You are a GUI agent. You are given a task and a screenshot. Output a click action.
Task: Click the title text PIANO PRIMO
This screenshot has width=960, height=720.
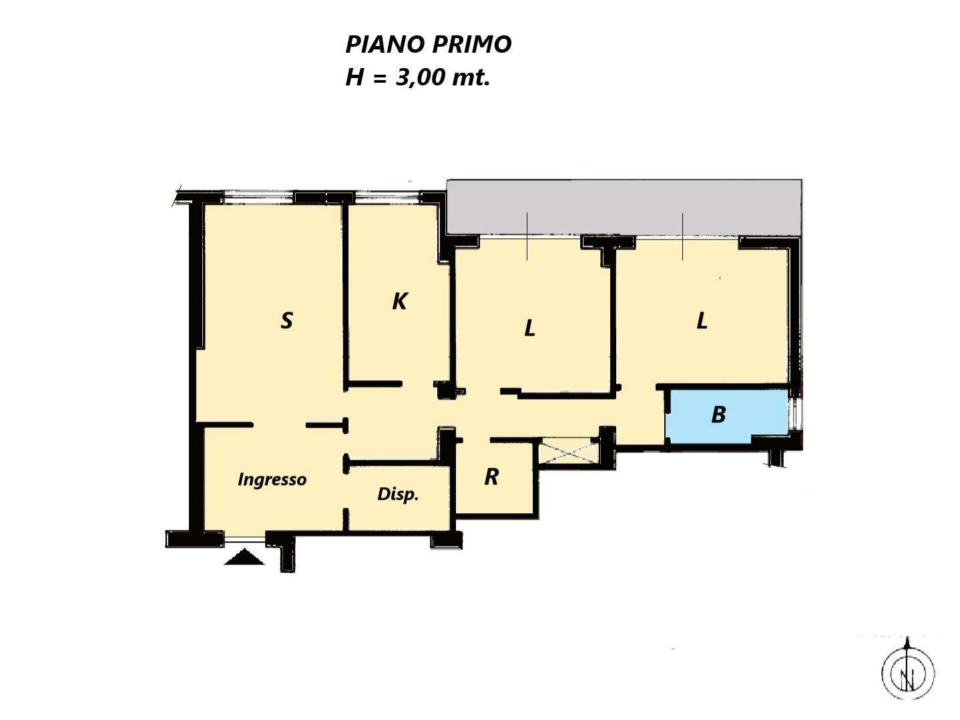[x=429, y=45]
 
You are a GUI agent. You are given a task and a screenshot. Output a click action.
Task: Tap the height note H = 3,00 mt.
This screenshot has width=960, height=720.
[x=418, y=78]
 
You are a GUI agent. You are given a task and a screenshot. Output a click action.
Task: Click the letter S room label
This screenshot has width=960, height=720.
[x=286, y=320]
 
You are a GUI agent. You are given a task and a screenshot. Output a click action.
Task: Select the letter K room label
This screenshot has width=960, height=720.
[x=400, y=301]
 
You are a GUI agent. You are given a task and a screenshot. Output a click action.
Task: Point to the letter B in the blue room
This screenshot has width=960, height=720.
[x=718, y=414]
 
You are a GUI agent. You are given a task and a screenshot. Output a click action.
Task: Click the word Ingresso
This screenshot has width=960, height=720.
[x=272, y=480]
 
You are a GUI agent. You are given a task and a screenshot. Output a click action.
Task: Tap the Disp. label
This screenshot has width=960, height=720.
[x=398, y=494]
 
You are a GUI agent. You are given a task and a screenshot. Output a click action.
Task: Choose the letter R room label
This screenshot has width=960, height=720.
[x=491, y=477]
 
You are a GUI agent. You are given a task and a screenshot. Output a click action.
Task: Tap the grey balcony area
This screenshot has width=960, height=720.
[x=624, y=208]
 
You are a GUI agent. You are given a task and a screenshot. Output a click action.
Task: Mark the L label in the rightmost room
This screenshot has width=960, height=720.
[x=702, y=321]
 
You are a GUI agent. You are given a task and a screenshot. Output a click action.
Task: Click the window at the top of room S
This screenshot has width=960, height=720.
[x=258, y=198]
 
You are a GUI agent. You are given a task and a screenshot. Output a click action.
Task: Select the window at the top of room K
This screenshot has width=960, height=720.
[x=387, y=198]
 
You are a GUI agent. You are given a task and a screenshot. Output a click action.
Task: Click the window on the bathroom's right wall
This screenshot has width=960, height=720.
[x=796, y=414]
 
